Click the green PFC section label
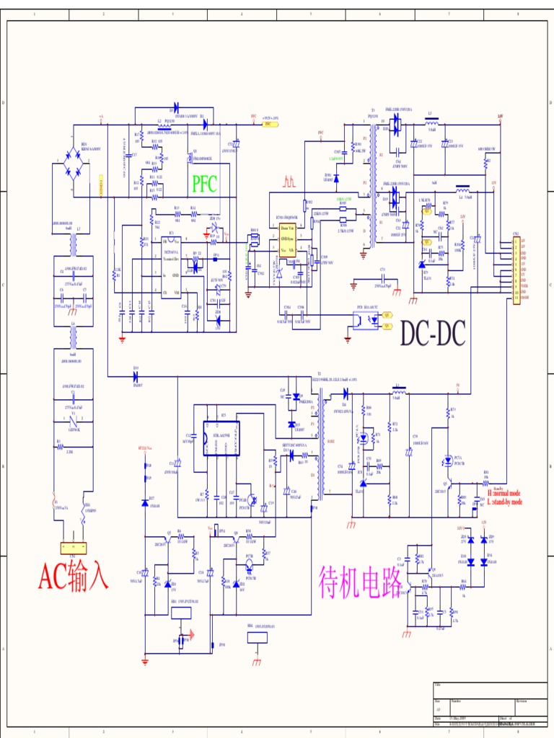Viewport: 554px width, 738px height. pos(204,183)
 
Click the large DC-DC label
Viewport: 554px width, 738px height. pos(433,333)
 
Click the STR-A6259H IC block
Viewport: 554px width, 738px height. pos(221,438)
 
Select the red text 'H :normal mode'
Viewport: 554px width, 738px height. pos(504,494)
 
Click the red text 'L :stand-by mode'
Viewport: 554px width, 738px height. pos(505,501)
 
